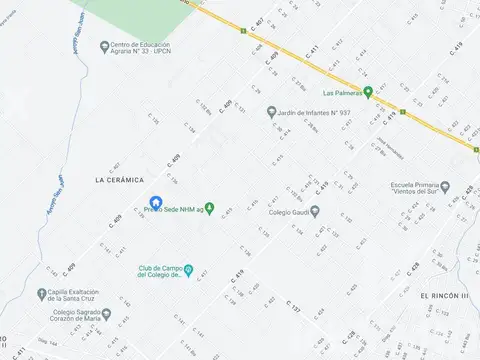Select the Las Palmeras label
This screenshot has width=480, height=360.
pyautogui.click(x=333, y=93)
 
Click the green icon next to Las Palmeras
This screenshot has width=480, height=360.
pyautogui.click(x=368, y=93)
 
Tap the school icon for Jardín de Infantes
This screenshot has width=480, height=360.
pyautogui.click(x=271, y=113)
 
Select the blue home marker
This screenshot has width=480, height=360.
pyautogui.click(x=155, y=203)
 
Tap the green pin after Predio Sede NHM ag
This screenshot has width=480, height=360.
pyautogui.click(x=210, y=207)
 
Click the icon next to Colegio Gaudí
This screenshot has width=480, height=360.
pyautogui.click(x=314, y=211)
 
